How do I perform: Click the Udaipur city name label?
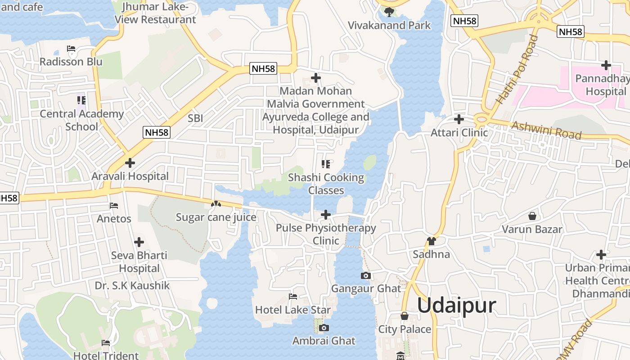[x=456, y=306]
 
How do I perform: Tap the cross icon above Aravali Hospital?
[x=130, y=162]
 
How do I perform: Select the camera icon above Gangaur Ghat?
[x=365, y=275]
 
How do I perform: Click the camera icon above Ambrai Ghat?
[x=324, y=328]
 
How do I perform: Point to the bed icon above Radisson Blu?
[x=71, y=49]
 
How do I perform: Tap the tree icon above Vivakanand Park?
[x=389, y=11]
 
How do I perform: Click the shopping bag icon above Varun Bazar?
[x=532, y=216]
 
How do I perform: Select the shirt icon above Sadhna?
[x=431, y=241]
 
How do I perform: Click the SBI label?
[x=195, y=118]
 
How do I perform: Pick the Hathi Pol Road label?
[x=517, y=70]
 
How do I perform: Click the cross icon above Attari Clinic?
[x=459, y=119]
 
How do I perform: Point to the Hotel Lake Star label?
[x=292, y=310]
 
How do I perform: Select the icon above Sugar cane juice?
[x=216, y=204]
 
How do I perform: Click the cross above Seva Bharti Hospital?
[x=139, y=242]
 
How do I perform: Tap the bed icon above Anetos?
[x=114, y=206]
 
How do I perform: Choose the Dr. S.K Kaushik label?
[x=132, y=285]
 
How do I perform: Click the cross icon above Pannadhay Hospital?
[x=606, y=65]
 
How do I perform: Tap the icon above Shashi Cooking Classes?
[x=326, y=164]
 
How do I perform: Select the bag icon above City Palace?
[x=404, y=316]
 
